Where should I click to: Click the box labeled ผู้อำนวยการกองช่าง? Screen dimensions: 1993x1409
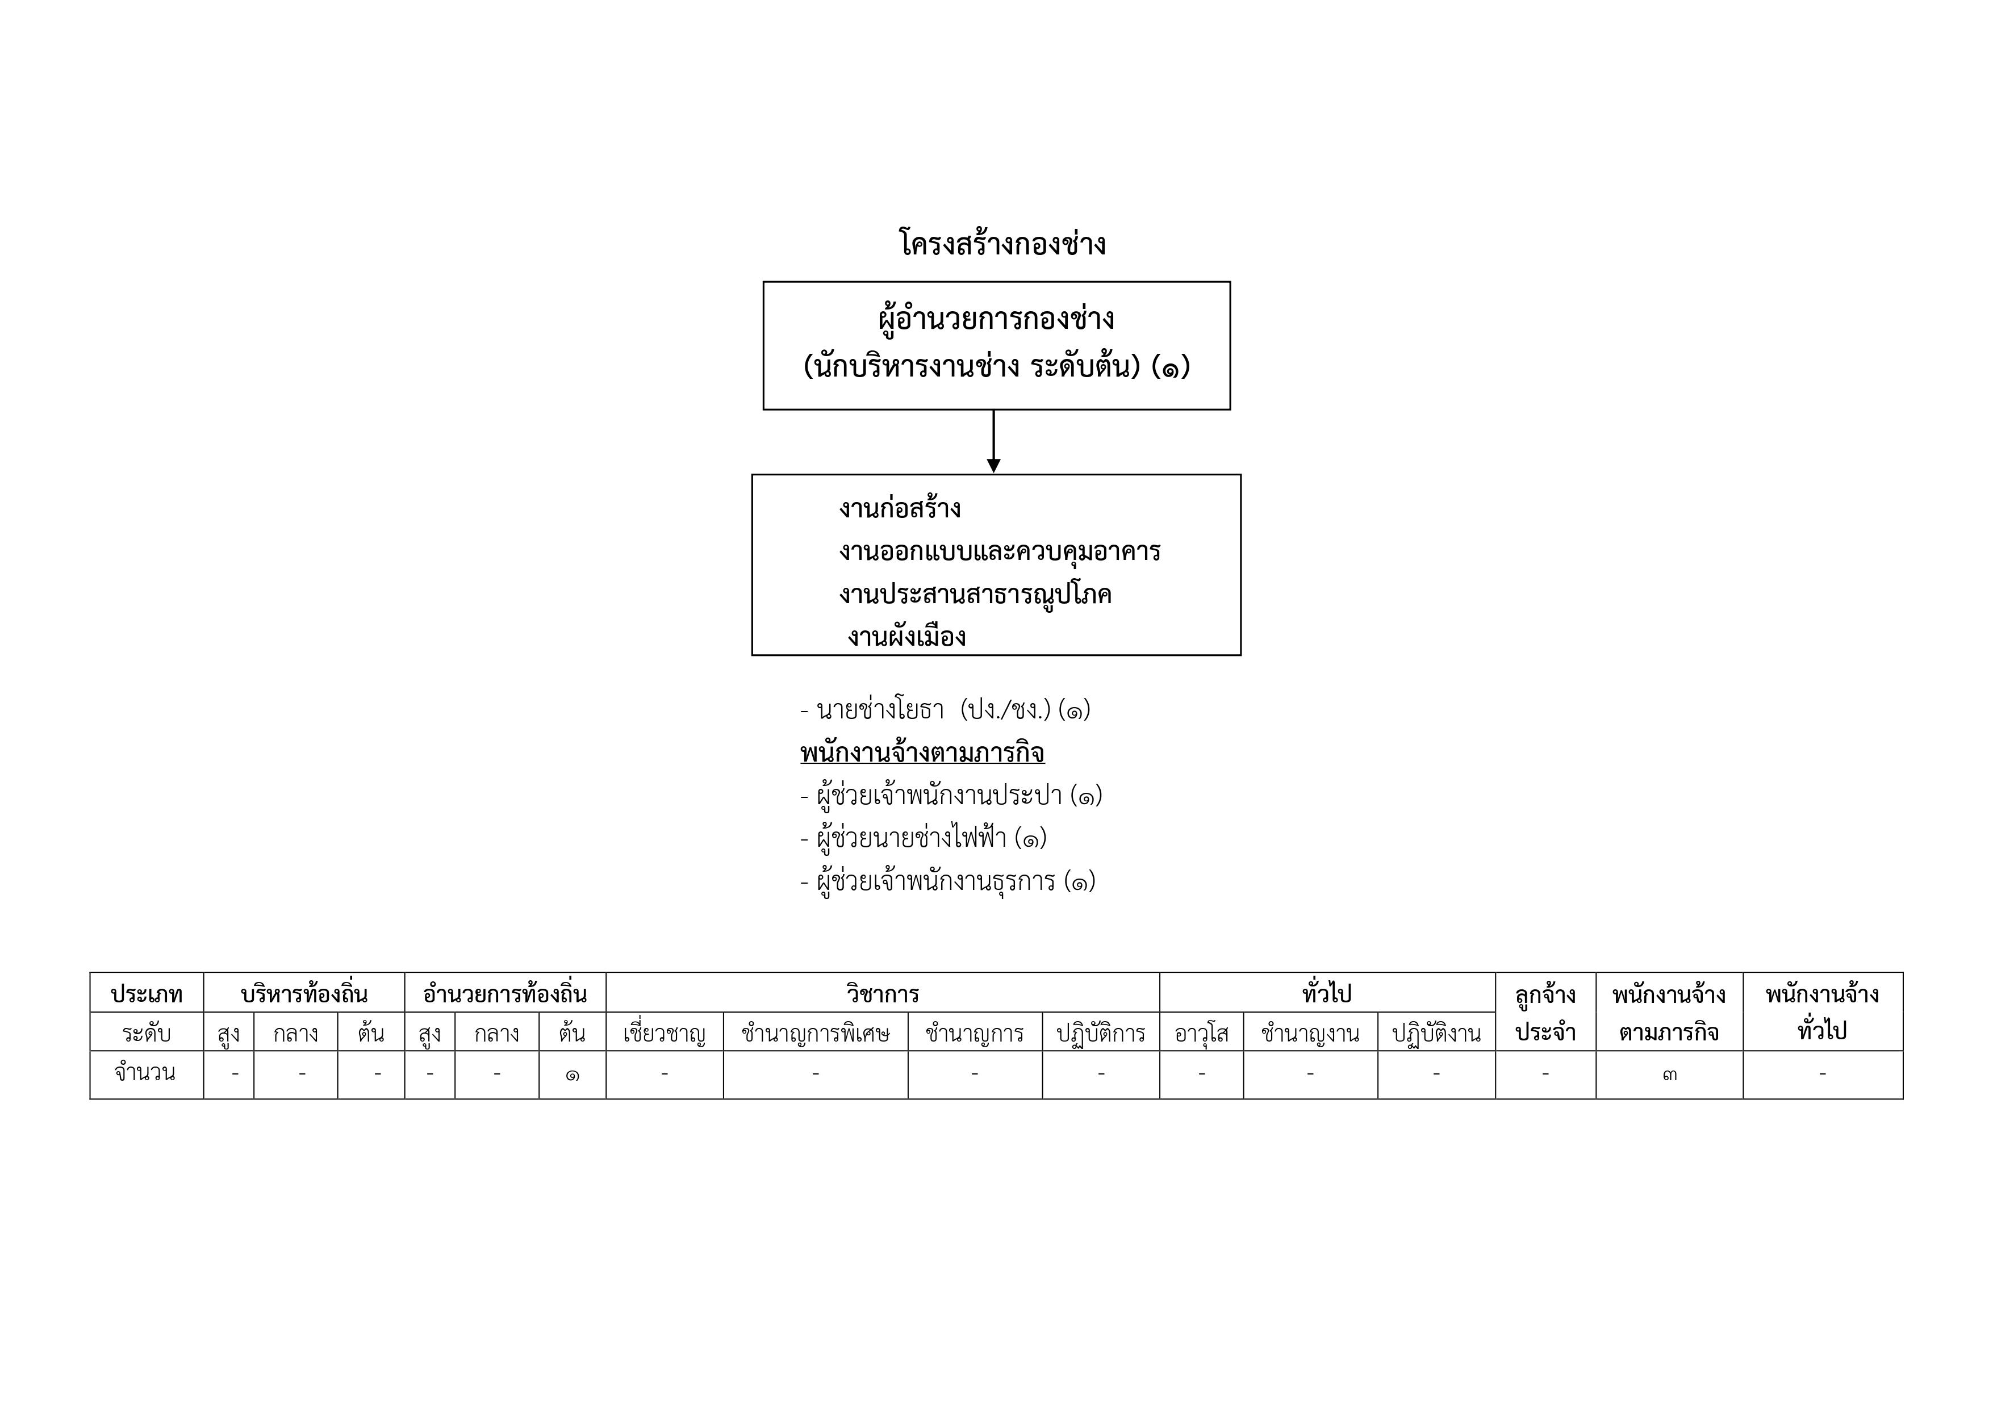click(996, 345)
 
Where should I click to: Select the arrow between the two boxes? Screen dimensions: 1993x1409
click(994, 442)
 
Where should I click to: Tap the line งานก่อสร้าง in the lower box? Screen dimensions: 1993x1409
click(900, 508)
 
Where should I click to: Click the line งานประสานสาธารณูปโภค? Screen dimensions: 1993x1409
click(975, 595)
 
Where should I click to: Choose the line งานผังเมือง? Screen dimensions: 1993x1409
click(907, 637)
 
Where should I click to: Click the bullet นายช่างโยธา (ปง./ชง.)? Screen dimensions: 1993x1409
click(945, 710)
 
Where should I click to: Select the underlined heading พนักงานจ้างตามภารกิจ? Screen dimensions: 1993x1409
click(923, 752)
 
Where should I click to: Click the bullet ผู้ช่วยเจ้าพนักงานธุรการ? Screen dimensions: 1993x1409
click(948, 882)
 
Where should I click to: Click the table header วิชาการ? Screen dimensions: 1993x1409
click(883, 993)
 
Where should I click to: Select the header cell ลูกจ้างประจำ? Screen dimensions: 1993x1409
click(1546, 1012)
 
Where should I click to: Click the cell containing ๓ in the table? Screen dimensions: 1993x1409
click(1669, 1074)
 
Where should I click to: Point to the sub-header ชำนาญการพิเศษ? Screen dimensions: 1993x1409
click(816, 1033)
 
